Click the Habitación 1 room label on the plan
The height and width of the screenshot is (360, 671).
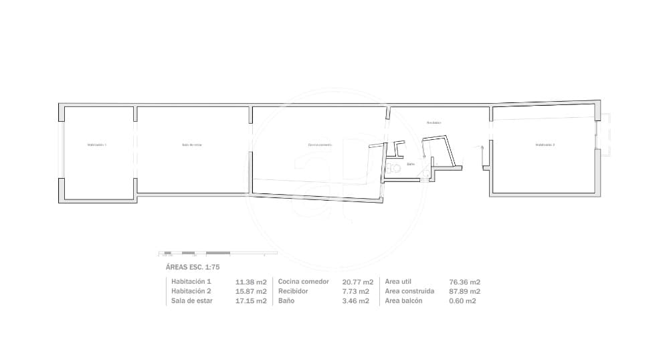pyautogui.click(x=96, y=145)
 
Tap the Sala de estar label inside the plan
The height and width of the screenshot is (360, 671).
pyautogui.click(x=191, y=145)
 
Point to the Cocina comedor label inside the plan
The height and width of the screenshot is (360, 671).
pyautogui.click(x=320, y=145)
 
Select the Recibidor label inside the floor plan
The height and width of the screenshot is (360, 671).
pyautogui.click(x=434, y=123)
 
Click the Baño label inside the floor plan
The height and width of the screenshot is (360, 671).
pyautogui.click(x=411, y=163)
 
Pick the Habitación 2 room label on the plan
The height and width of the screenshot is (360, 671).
pyautogui.click(x=545, y=145)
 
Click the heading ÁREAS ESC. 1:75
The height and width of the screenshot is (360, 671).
pyautogui.click(x=193, y=267)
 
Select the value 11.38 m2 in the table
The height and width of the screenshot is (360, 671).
pyautogui.click(x=252, y=282)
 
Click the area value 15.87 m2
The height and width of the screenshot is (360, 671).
pyautogui.click(x=252, y=291)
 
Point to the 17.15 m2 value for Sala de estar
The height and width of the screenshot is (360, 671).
pyautogui.click(x=252, y=301)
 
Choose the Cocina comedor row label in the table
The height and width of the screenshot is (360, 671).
pyautogui.click(x=303, y=282)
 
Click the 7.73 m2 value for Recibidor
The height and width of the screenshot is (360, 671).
pyautogui.click(x=356, y=291)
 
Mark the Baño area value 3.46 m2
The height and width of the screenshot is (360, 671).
pyautogui.click(x=356, y=301)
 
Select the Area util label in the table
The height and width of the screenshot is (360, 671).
pyautogui.click(x=401, y=282)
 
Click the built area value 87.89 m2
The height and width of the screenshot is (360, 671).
pyautogui.click(x=464, y=291)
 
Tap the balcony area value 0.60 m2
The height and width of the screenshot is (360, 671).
pyautogui.click(x=462, y=301)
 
